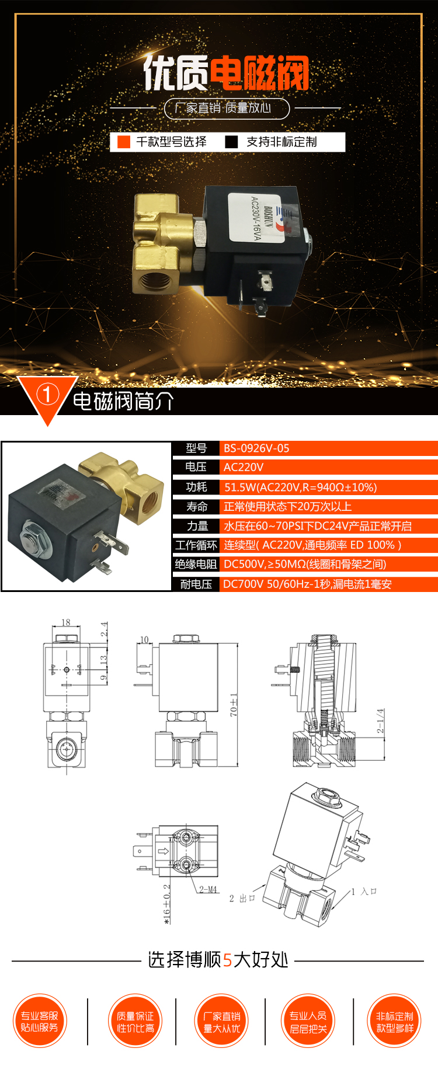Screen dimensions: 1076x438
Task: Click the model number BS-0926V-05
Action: tap(256, 448)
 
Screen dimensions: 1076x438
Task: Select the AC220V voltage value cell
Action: tap(244, 467)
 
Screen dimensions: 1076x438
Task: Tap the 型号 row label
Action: tap(196, 448)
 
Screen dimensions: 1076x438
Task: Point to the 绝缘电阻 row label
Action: tap(196, 564)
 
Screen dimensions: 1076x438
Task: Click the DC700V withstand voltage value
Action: tap(307, 584)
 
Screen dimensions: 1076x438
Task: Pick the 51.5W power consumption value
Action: tap(300, 487)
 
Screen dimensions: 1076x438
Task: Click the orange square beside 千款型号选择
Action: tap(124, 142)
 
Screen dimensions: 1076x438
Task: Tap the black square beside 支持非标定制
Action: tap(232, 142)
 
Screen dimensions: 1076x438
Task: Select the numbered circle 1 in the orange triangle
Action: tap(47, 395)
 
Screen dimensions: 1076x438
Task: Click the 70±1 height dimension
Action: tap(234, 705)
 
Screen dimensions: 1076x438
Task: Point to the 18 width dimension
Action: tap(66, 622)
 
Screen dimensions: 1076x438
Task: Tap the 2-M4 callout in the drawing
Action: tap(208, 890)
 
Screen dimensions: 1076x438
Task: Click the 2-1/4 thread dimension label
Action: tap(380, 722)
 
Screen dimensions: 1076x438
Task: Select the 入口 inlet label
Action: tap(369, 892)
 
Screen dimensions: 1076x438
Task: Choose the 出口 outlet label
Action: tap(248, 898)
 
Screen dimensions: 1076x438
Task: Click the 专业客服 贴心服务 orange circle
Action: tap(40, 1021)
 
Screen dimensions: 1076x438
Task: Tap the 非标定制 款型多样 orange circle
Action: tap(395, 1021)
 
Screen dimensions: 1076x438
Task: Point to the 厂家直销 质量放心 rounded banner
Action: tap(227, 108)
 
